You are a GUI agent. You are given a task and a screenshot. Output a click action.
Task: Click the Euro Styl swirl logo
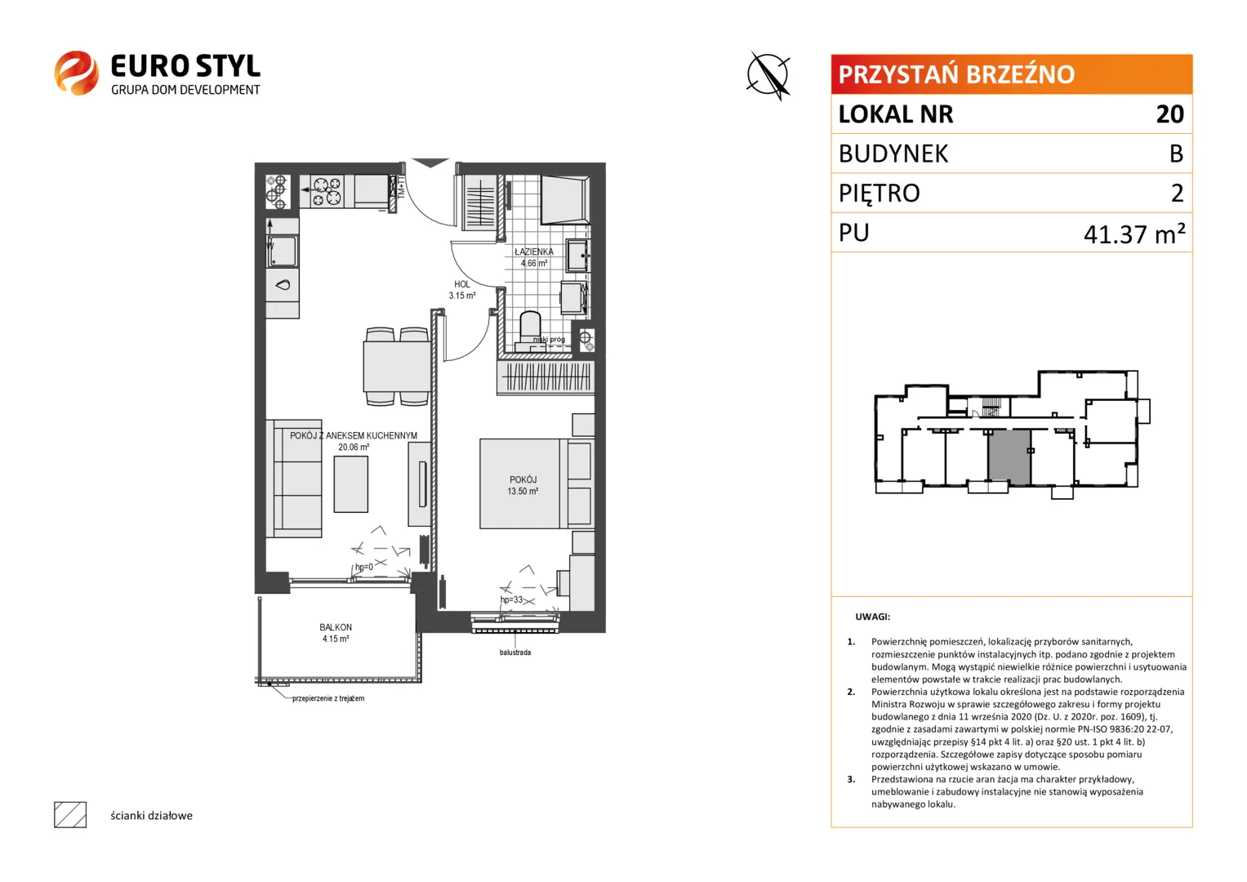pos(76,73)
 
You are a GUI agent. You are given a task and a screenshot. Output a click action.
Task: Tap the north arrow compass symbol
pos(768,76)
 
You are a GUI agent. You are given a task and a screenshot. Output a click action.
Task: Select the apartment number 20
pos(1169,114)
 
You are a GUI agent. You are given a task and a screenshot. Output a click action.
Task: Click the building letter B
pos(1176,154)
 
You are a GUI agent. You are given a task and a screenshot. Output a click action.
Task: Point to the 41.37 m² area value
pos(1134,234)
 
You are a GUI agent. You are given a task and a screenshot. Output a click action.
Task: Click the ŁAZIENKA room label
pos(534,252)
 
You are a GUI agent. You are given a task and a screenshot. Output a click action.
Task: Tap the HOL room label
pos(462,284)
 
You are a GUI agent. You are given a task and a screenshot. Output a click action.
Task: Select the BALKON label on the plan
pos(336,627)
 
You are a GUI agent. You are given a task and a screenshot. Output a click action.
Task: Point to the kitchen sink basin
pos(283,252)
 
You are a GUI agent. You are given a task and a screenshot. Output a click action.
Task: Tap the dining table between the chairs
pos(396,367)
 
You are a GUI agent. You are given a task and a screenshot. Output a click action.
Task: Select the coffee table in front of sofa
pos(350,483)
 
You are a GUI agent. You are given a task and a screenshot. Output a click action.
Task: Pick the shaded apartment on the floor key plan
pos(1009,457)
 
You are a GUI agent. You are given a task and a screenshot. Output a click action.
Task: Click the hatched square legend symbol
pos(70,815)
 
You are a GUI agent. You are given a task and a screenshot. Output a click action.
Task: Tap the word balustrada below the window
pos(515,652)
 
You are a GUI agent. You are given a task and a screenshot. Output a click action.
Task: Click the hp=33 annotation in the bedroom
pos(511,599)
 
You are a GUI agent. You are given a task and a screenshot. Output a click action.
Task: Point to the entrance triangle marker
pos(430,163)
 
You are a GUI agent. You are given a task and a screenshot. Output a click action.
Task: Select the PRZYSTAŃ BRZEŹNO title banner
pos(1012,74)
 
